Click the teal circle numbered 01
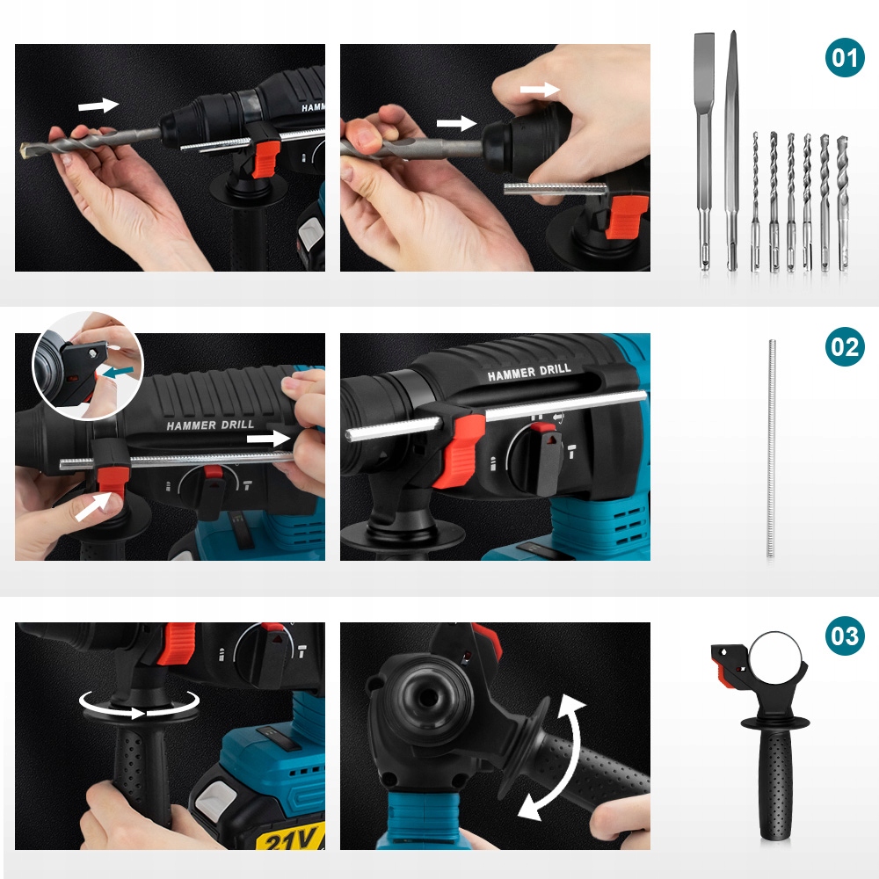845,57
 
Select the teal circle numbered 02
845,346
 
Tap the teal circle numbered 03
845,636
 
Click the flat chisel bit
705,151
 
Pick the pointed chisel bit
732,151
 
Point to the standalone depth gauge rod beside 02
772,448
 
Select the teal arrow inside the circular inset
120,371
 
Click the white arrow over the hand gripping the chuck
540,89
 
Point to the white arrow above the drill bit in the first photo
98,105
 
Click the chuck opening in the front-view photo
429,698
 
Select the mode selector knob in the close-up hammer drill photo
541,459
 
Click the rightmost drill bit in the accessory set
843,204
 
